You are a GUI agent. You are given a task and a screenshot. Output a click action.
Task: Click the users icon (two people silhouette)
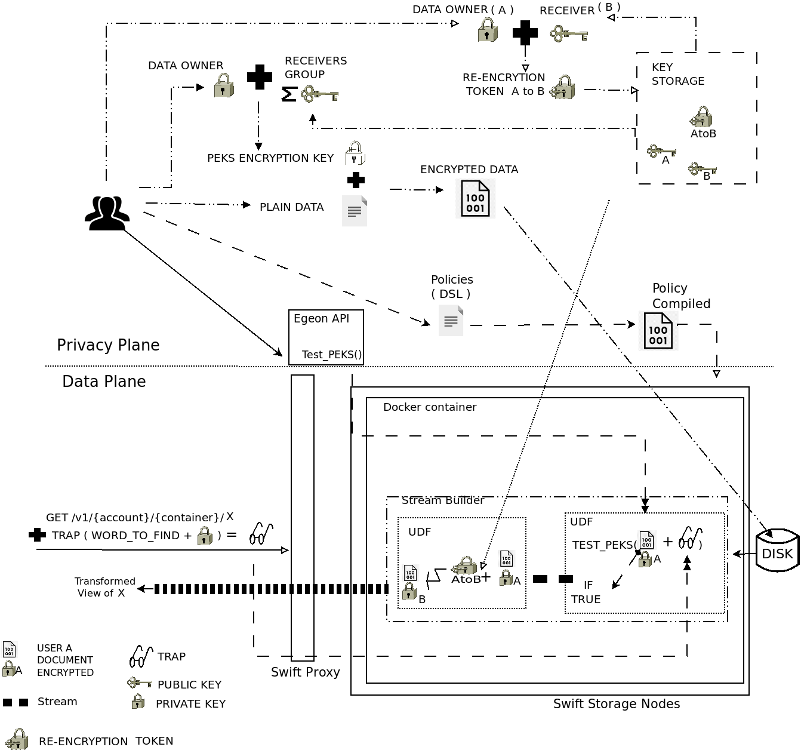click(107, 213)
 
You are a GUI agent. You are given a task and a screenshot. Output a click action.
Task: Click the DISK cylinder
click(777, 551)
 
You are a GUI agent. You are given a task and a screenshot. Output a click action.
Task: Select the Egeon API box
click(326, 337)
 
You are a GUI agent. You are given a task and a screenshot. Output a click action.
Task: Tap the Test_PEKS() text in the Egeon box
click(332, 355)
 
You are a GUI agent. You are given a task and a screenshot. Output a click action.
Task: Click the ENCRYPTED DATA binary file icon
click(475, 199)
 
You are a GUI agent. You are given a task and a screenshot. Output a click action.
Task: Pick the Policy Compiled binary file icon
click(658, 330)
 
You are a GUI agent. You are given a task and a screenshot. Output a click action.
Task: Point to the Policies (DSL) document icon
click(451, 321)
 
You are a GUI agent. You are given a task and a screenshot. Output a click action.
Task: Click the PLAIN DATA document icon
click(355, 211)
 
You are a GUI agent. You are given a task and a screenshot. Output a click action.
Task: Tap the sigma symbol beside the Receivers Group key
click(289, 94)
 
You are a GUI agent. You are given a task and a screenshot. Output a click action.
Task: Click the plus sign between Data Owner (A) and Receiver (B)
click(525, 33)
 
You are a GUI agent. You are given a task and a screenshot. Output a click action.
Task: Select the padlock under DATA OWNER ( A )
click(488, 30)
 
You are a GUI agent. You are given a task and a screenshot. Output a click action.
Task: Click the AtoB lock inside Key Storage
click(701, 117)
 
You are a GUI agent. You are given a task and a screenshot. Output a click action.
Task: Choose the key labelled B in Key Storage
click(701, 170)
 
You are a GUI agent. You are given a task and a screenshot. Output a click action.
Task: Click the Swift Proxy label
click(306, 672)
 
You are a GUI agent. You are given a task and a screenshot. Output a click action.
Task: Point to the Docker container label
click(430, 407)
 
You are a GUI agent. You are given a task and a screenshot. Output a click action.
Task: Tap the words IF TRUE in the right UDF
click(587, 592)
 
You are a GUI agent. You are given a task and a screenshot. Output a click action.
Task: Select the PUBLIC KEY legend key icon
click(140, 683)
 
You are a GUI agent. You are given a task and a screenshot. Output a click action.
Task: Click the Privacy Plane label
click(108, 345)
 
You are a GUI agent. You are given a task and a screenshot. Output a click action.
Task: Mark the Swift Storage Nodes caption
click(617, 704)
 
